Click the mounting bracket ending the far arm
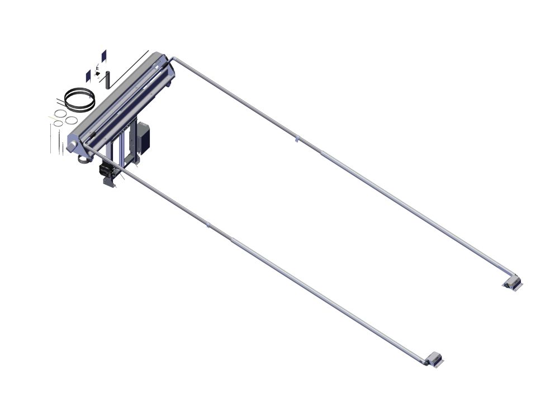point(512,282)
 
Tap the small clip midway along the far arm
point(297,138)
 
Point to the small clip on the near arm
point(208,225)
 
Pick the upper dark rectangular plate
point(103,56)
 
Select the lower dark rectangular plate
point(88,76)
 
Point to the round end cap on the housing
point(73,142)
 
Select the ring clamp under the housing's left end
point(83,160)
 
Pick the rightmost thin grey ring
point(70,120)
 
